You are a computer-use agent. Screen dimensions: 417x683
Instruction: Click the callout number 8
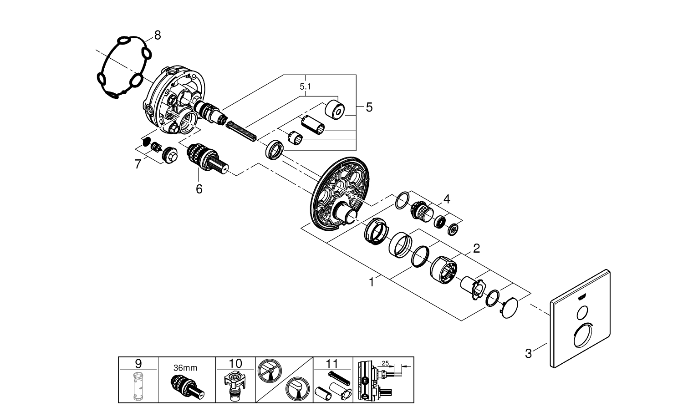coord(157,35)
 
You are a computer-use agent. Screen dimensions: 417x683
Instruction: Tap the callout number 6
coord(199,188)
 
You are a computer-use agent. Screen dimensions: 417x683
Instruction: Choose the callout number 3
coord(528,353)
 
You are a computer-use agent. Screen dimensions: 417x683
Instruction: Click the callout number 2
coord(476,249)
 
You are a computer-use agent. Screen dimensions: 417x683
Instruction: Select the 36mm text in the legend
coord(186,368)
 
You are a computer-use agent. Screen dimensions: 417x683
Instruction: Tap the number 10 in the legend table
coord(235,363)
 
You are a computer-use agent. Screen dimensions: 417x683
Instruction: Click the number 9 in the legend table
coord(138,363)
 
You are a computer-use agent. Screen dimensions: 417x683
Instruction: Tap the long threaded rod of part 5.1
coord(242,130)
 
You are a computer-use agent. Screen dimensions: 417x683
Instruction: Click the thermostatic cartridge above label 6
coord(208,158)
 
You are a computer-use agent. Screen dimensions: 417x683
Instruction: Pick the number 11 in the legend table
coord(333,363)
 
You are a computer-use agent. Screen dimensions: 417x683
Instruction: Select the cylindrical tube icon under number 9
coord(138,386)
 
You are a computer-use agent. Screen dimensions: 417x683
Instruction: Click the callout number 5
coord(369,107)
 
